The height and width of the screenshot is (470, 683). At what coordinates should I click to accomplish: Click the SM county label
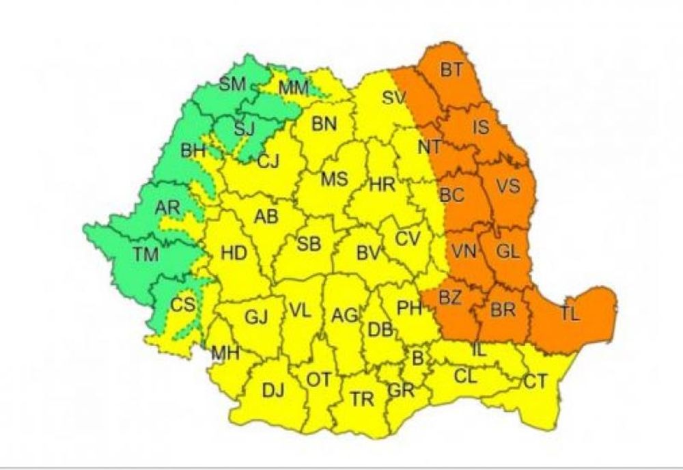pos(233,84)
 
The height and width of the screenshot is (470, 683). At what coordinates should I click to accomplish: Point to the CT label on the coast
pos(536,381)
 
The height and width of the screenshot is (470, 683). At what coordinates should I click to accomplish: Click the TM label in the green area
pos(145,255)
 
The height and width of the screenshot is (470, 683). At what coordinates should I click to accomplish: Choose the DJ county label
pos(273,390)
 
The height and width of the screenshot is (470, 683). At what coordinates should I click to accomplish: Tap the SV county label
pos(394,97)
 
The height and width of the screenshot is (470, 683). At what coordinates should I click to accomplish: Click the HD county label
pos(234,253)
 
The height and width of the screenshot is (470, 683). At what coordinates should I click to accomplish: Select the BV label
pos(368,253)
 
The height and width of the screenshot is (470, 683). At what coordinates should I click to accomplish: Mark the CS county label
pos(182,305)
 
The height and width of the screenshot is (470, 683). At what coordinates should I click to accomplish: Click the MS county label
pos(335,180)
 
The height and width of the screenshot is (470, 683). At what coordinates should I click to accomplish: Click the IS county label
pos(481,126)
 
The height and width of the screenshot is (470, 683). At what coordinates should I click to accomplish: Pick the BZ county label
pos(450,298)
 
